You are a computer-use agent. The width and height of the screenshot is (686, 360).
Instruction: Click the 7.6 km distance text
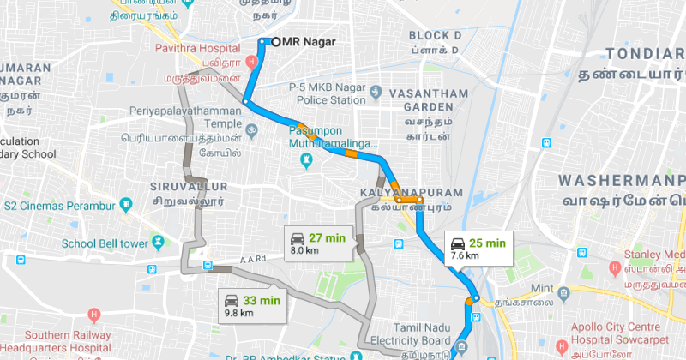[464, 255]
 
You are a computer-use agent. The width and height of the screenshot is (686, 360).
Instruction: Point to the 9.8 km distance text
[238, 313]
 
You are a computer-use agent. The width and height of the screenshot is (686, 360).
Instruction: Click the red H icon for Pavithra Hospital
[251, 63]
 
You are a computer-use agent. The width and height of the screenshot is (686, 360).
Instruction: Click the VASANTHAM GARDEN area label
[420, 99]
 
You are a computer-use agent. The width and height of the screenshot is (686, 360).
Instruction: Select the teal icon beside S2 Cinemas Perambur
[127, 204]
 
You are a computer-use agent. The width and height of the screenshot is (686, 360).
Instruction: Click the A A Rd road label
[249, 258]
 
